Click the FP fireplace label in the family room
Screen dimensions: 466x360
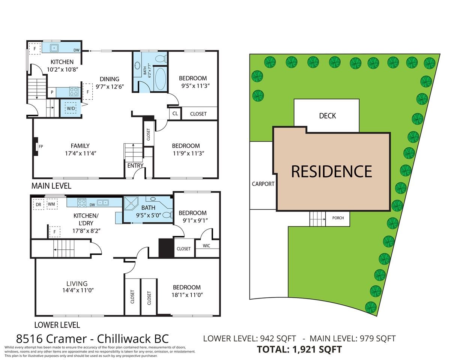pos(41,147)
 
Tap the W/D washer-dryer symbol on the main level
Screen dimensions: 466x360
pos(71,108)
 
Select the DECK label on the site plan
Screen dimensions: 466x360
pos(327,116)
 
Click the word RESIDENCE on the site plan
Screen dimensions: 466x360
pos(332,171)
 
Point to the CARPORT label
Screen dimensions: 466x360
pos(263,184)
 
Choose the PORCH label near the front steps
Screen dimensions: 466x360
pos(338,218)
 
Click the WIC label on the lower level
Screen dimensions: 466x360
pos(206,246)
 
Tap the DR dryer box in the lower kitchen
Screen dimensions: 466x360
pos(38,204)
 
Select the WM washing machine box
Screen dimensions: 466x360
pos(51,204)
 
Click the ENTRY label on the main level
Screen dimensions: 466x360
pos(135,165)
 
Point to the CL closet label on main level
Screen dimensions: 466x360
pos(175,113)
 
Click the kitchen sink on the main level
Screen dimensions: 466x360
pos(54,48)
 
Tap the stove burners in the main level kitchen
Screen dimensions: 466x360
pos(74,91)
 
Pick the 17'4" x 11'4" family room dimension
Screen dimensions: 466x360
pos(80,153)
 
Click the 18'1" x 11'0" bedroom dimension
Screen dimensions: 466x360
pos(187,295)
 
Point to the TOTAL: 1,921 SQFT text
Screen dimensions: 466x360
pos(299,349)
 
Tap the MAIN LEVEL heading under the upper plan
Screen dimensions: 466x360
pos(51,186)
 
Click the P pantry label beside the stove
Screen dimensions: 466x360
pos(52,92)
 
